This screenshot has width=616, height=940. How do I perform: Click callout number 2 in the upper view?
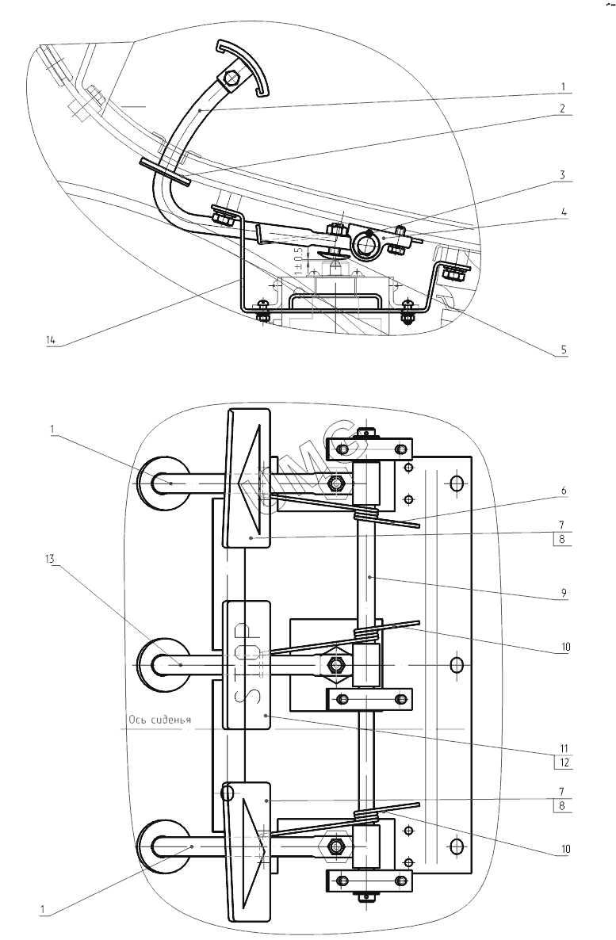tap(562, 109)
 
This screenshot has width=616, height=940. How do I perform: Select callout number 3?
tap(562, 175)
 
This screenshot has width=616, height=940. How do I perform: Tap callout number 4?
tap(564, 212)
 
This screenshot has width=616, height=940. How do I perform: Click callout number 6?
tap(563, 491)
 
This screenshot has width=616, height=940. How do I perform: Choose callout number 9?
tap(563, 593)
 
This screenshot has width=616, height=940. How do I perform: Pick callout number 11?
tap(563, 748)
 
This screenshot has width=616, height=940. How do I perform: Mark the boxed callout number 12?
tap(563, 763)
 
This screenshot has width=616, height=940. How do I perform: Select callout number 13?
tap(49, 559)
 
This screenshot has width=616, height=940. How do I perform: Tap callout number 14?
tap(51, 340)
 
